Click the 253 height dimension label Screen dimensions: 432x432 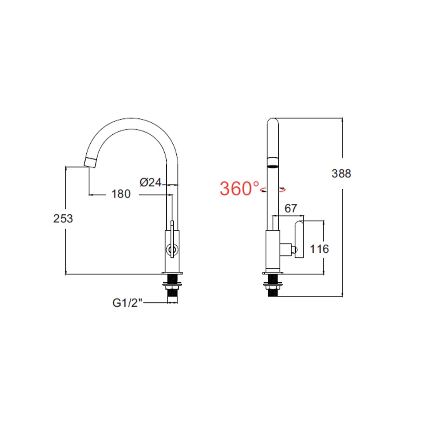click(x=63, y=219)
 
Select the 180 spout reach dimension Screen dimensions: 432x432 click(x=121, y=194)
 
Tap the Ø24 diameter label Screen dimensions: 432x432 click(x=150, y=183)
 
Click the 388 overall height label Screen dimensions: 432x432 click(x=341, y=174)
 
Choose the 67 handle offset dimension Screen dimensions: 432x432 click(x=291, y=208)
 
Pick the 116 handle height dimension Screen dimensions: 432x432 click(x=320, y=249)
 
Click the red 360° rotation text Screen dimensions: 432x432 click(x=240, y=189)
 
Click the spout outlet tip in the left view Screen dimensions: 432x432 click(x=90, y=162)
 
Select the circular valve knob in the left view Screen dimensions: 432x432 click(x=172, y=249)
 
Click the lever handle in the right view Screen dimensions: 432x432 click(x=299, y=240)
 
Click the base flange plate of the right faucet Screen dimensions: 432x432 click(x=273, y=273)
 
